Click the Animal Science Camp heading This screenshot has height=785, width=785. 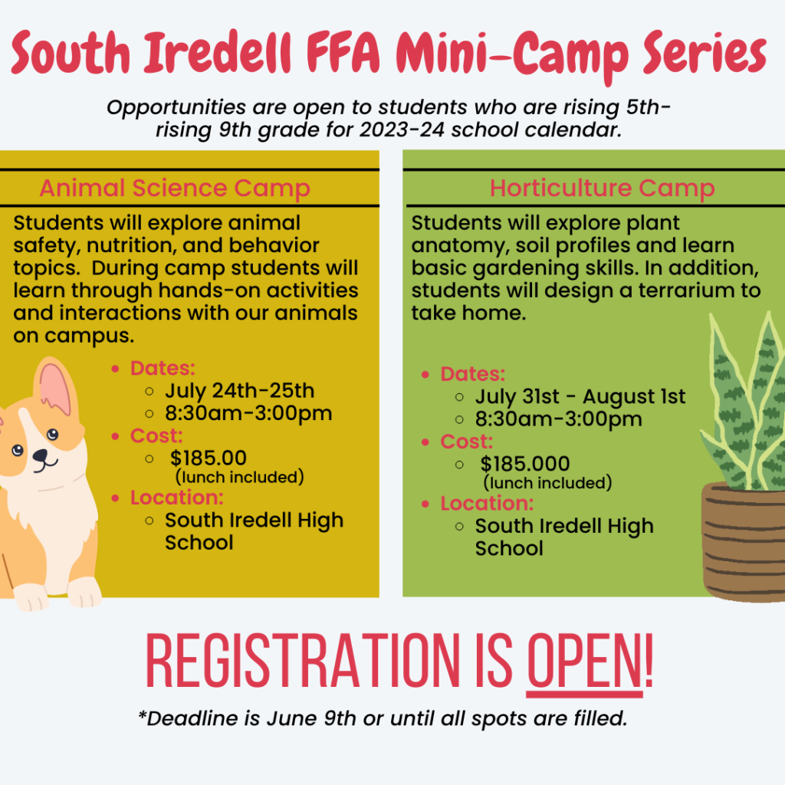[x=175, y=188]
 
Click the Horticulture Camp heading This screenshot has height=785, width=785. [x=602, y=188]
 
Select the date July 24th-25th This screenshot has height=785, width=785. [x=239, y=391]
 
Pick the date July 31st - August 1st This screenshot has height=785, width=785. [x=580, y=397]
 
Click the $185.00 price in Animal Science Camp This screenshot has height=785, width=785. [x=209, y=458]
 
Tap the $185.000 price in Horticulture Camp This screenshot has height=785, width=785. [x=525, y=464]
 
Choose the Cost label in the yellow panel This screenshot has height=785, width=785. [x=156, y=436]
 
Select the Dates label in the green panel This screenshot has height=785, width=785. [x=473, y=375]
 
